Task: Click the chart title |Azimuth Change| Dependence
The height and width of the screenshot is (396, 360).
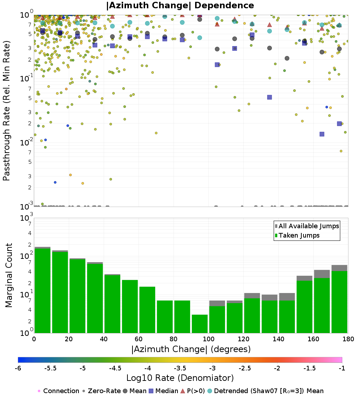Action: coord(180,5)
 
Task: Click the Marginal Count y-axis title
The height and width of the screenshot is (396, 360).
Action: coord(9,275)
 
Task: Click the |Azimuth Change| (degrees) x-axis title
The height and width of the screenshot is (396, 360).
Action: coord(191,349)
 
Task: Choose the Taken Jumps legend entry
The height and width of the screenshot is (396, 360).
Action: coord(297,235)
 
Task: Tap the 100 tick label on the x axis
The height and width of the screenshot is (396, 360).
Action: coord(208,339)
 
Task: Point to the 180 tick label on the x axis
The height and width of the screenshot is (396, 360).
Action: coord(348,339)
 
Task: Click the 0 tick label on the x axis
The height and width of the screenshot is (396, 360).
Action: coord(34,339)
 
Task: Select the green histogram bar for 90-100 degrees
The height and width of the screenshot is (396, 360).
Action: coord(199,324)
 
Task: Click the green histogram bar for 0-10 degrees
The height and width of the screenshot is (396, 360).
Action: coord(42,291)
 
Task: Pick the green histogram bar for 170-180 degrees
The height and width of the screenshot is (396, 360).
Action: coord(339,302)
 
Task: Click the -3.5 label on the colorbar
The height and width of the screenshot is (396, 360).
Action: coord(181,368)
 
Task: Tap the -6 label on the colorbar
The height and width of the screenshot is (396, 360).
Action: coord(18,368)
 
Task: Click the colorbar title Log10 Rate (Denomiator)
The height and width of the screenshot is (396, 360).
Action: coord(180,378)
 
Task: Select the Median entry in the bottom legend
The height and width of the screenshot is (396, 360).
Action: coord(163,391)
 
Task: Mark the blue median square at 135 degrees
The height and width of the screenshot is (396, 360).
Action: coord(270,97)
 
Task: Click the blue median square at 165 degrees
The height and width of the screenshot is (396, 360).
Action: coord(322,134)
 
